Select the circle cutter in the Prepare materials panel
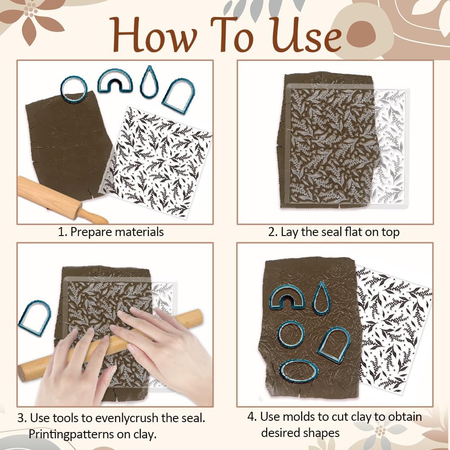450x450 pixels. (73, 89)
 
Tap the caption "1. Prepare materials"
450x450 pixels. (111, 232)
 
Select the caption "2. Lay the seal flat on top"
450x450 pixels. (334, 232)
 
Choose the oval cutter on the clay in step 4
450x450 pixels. (299, 371)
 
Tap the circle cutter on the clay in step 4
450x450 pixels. (291, 335)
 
